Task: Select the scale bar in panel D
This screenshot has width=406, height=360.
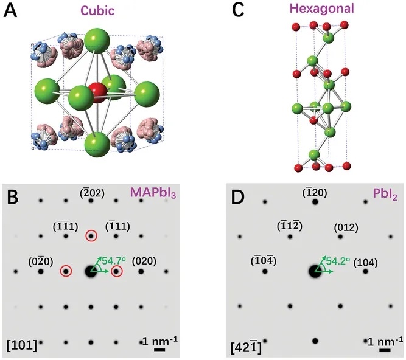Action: [x=385, y=350]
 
